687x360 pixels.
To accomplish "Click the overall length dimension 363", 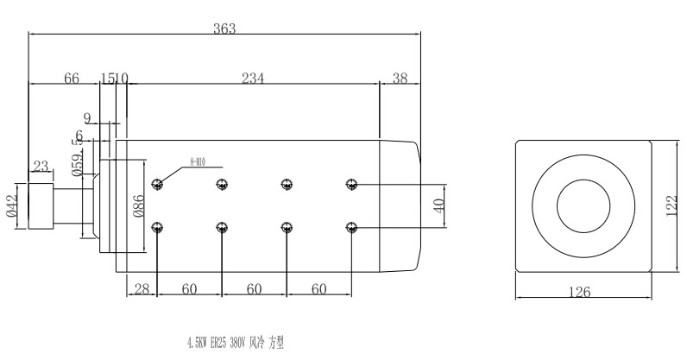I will click(224, 28).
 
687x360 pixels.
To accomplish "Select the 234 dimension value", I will click(252, 79).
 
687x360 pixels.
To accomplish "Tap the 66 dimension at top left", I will click(72, 79).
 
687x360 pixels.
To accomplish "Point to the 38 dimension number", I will click(400, 79).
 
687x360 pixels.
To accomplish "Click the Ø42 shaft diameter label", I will click(10, 206).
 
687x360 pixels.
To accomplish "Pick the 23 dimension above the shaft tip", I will click(41, 166).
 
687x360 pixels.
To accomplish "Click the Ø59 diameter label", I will click(78, 164).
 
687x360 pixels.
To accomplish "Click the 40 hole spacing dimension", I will click(438, 205).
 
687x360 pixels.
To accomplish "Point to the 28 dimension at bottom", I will click(142, 288).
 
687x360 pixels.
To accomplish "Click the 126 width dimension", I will click(581, 293).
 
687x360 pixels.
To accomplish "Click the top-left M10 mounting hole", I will click(156, 184).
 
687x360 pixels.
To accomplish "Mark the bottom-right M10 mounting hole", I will click(350, 227).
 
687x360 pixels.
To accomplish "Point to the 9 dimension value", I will click(86, 117).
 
